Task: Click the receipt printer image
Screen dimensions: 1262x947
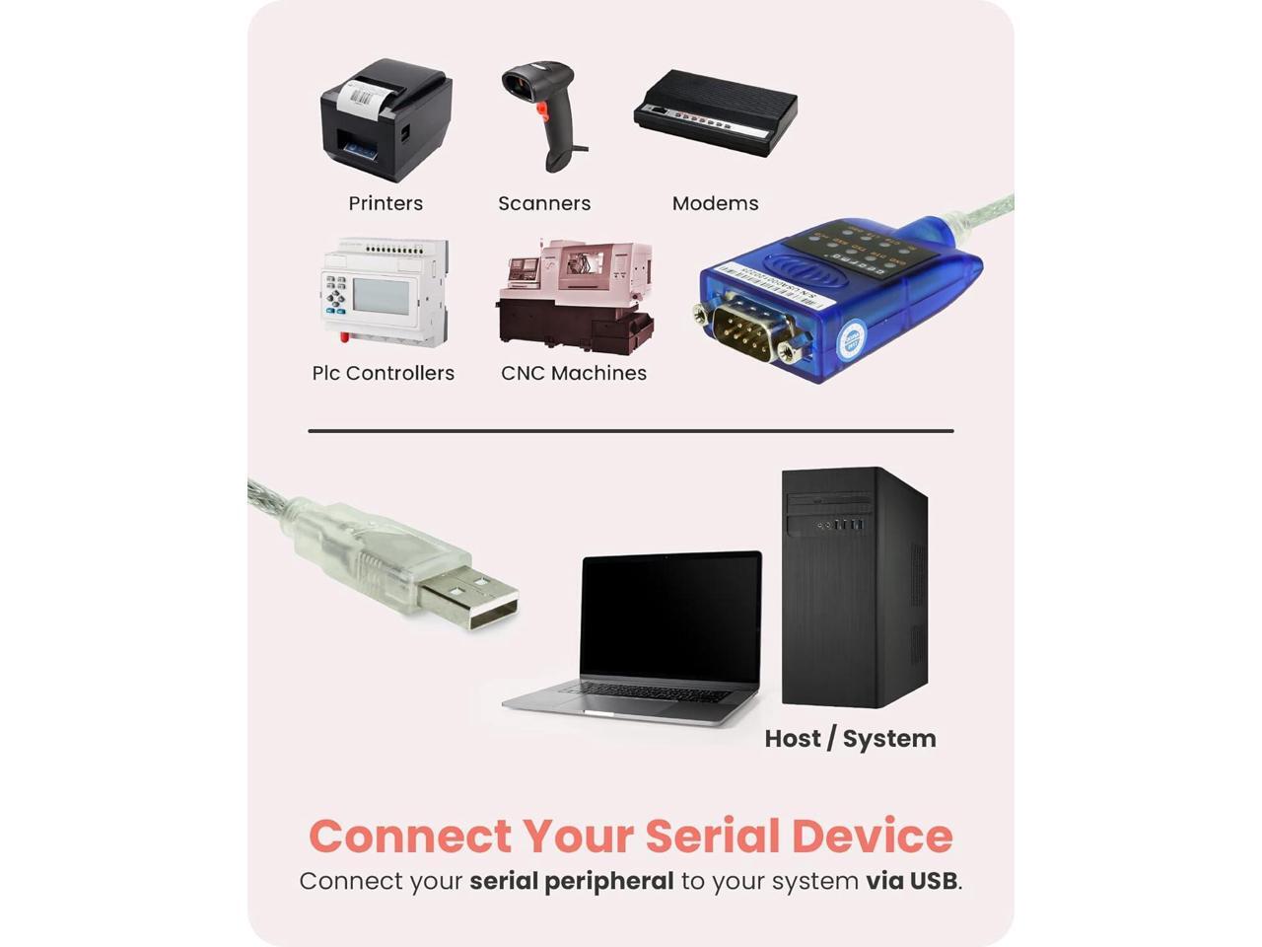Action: (x=386, y=120)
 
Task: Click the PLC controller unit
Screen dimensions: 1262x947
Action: (x=385, y=293)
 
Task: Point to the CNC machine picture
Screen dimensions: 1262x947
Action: (x=575, y=297)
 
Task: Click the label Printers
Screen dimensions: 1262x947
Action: (x=386, y=203)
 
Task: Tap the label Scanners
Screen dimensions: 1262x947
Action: (x=544, y=203)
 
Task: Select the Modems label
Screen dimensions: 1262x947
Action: (x=715, y=203)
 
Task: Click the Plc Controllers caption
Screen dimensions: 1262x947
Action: (x=384, y=373)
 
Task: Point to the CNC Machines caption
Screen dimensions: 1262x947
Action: (x=574, y=373)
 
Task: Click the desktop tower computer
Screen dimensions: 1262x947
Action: (x=854, y=587)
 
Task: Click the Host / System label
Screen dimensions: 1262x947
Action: (x=850, y=738)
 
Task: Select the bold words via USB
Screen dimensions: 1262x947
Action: (x=912, y=881)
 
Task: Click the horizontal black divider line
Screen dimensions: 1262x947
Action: (x=631, y=431)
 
